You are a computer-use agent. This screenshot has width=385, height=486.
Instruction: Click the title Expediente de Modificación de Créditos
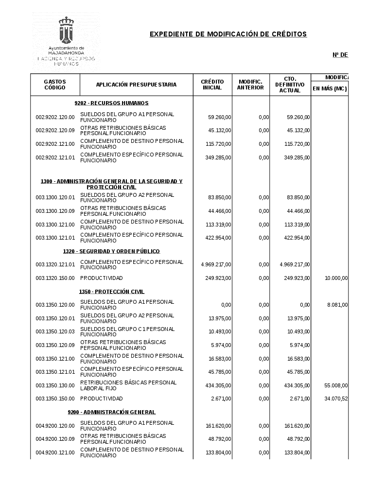[228, 34]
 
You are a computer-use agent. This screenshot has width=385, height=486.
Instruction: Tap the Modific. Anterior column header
[250, 85]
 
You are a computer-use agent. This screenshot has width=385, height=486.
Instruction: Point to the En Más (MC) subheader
[329, 88]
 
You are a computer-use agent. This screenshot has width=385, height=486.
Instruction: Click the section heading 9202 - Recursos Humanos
[111, 103]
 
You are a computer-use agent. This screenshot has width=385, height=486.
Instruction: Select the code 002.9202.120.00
[55, 117]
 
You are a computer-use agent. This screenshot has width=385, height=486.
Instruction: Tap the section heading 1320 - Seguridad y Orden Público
[111, 251]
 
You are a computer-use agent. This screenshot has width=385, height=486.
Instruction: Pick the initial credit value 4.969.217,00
[216, 264]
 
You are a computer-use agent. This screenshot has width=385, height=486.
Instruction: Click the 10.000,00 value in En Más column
[336, 278]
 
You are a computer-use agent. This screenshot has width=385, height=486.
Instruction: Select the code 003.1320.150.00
[55, 278]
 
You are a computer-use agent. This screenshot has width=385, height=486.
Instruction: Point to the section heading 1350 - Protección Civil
[111, 292]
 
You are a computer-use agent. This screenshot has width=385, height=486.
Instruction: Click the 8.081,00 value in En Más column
[338, 305]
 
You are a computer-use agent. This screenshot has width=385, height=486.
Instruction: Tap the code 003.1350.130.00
[55, 385]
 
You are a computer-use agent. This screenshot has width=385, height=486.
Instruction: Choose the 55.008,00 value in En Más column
[336, 385]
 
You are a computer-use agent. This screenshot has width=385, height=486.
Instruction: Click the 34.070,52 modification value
[336, 399]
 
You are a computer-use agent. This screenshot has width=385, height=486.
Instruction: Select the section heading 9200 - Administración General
[111, 412]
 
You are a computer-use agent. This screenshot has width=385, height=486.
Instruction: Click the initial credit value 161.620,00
[216, 426]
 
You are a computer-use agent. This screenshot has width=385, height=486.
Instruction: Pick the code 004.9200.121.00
[55, 452]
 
